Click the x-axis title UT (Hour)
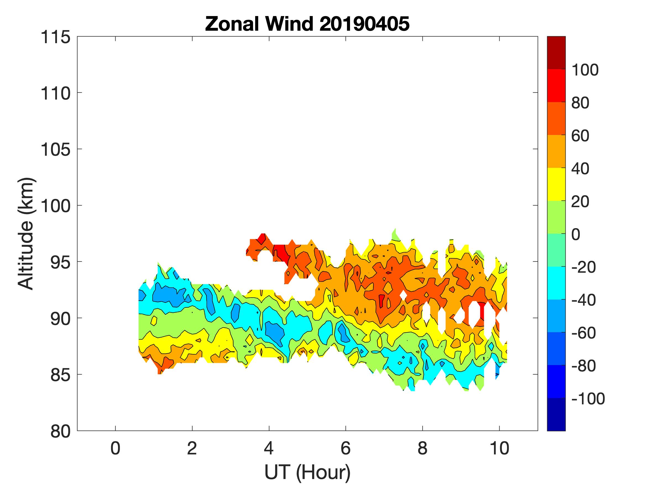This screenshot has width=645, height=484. (307, 472)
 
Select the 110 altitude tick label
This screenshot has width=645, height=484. (55, 94)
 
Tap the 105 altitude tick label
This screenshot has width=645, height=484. (55, 150)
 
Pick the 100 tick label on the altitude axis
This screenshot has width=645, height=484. (55, 206)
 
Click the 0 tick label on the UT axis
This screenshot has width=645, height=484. (116, 448)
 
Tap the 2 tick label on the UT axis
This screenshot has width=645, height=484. (192, 448)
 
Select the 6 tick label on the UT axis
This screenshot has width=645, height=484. (346, 448)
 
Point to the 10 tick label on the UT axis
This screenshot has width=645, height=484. (500, 448)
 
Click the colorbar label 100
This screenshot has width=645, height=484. (585, 70)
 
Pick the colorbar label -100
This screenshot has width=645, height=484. (588, 399)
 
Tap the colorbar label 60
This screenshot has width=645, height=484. (580, 136)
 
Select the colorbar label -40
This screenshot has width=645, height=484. (583, 300)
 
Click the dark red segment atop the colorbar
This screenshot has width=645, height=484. (556, 53)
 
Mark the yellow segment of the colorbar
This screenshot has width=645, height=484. (556, 184)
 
